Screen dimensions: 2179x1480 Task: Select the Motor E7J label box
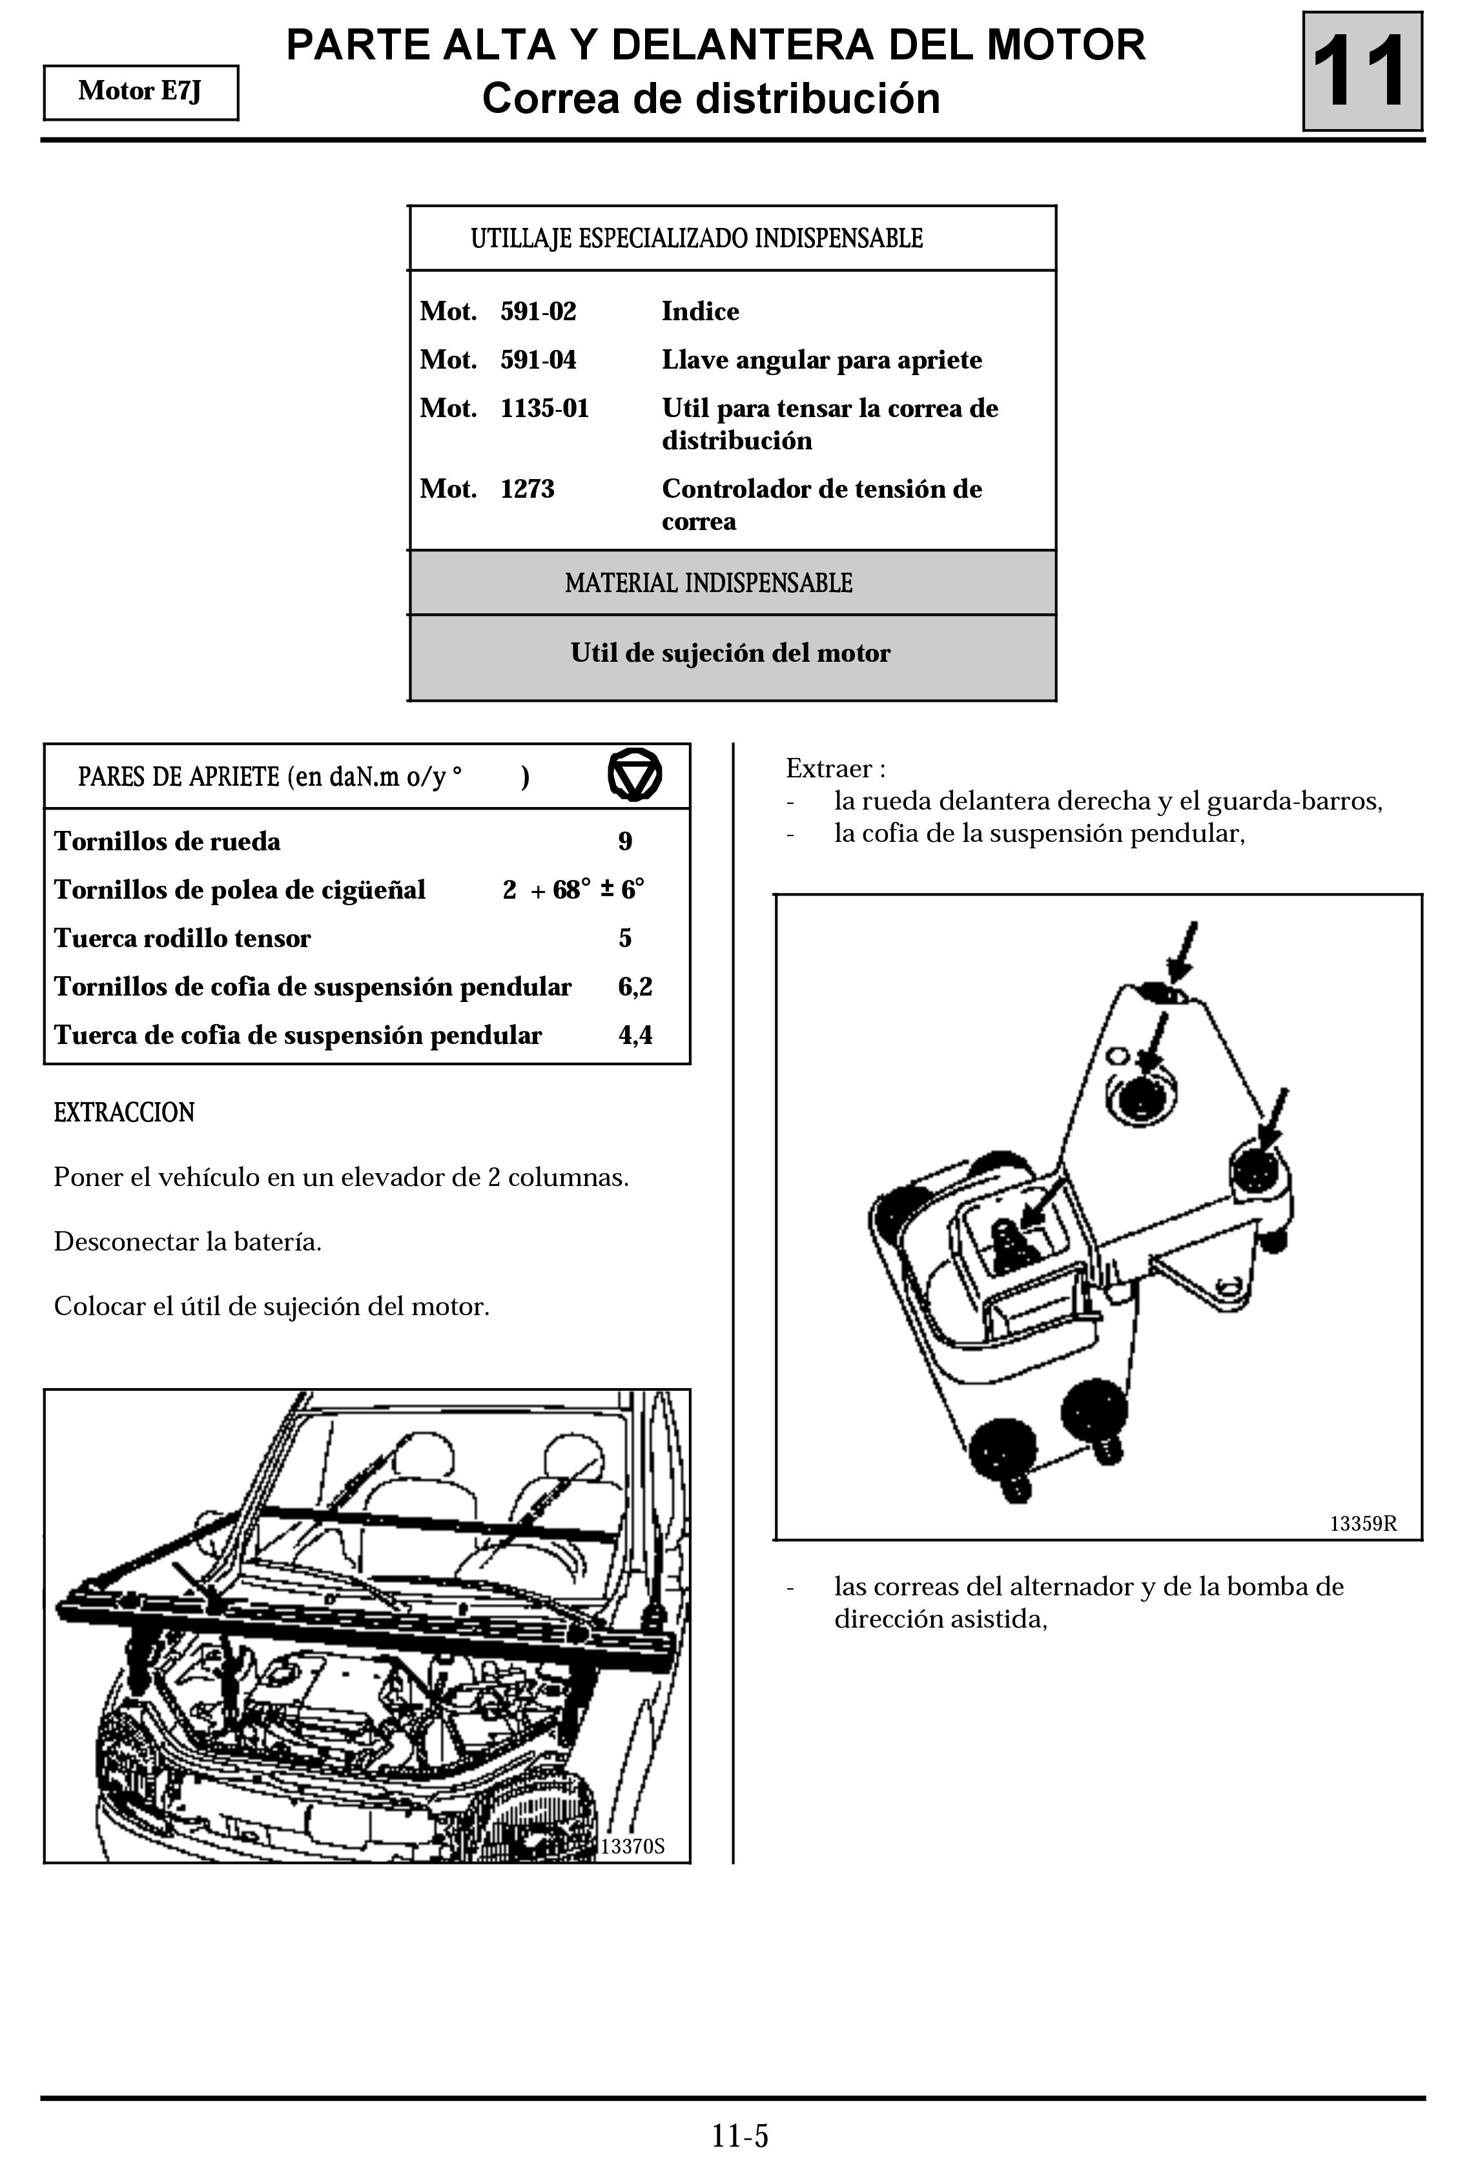click(141, 92)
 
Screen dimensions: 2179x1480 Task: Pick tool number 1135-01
click(544, 409)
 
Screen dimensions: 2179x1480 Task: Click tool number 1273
click(527, 489)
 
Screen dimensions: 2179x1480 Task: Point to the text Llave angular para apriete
click(821, 360)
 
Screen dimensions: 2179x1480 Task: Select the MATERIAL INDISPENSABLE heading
click(708, 583)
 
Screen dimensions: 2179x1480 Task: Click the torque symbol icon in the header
click(634, 775)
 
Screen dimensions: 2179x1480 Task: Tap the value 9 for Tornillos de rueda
click(624, 841)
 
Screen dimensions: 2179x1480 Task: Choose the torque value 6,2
click(634, 987)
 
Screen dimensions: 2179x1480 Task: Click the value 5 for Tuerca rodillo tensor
click(624, 939)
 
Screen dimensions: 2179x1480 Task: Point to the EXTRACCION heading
click(124, 1113)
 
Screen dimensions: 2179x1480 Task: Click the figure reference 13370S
click(632, 1846)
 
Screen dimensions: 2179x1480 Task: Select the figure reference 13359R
click(1362, 1524)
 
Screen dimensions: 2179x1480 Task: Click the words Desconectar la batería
click(187, 1242)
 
